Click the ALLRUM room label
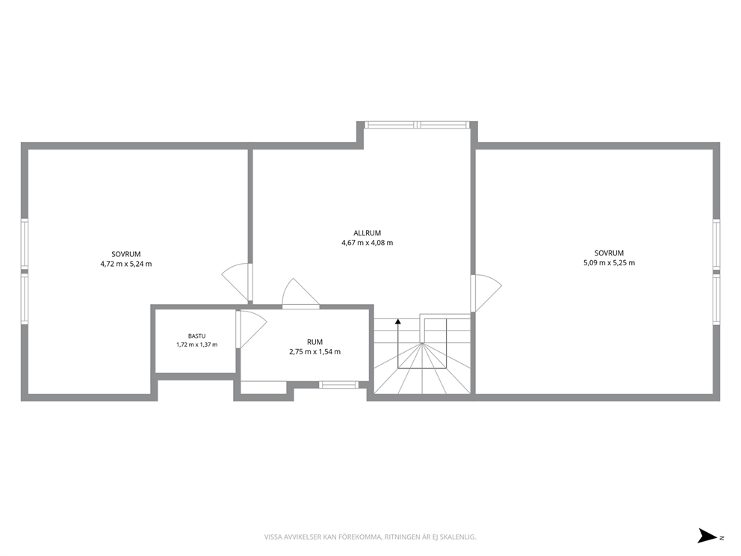(x=368, y=233)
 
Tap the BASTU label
(x=196, y=336)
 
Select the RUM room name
(x=314, y=342)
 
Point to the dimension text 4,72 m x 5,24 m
(x=126, y=265)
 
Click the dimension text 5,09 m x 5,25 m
(x=609, y=263)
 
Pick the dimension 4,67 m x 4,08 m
(x=368, y=243)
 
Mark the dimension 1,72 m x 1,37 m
(x=196, y=345)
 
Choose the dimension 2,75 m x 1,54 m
(x=314, y=352)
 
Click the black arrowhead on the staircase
(x=398, y=321)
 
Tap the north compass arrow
(x=707, y=536)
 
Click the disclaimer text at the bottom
(x=370, y=537)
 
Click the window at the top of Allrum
(x=418, y=125)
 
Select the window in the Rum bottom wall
(x=338, y=385)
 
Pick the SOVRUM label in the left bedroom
(x=126, y=254)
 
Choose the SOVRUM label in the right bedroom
(x=609, y=253)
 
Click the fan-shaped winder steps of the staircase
(x=422, y=368)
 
